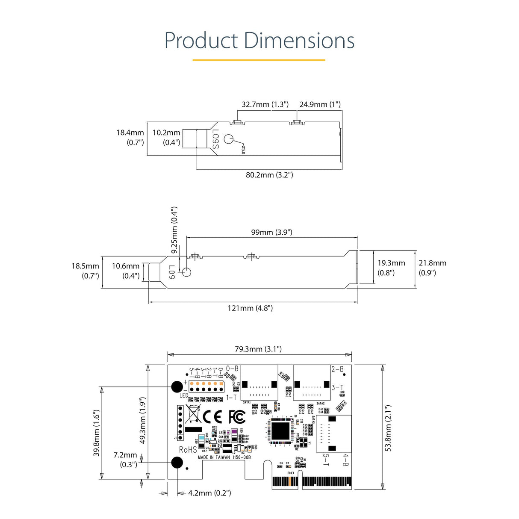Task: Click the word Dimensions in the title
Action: pos(299,41)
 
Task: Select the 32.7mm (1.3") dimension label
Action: pos(265,104)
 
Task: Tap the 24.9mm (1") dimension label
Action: pos(320,104)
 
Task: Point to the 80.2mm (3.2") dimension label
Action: pos(269,175)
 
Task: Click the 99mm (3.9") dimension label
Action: pos(271,232)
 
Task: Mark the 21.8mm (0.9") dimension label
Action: pos(432,268)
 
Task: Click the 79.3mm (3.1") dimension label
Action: pos(258,349)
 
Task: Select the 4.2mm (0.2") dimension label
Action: pos(209,493)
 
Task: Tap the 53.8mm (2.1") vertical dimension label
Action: pos(388,428)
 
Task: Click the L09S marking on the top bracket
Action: pos(215,139)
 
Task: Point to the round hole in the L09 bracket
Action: pos(186,272)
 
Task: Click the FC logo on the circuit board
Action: pos(237,416)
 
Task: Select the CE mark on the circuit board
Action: pos(212,416)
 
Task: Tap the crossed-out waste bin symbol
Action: pos(193,414)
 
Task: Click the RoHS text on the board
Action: pos(188,450)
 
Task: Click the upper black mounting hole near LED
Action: pos(177,387)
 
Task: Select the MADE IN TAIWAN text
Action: pos(214,457)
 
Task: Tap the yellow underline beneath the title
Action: pos(259,60)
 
